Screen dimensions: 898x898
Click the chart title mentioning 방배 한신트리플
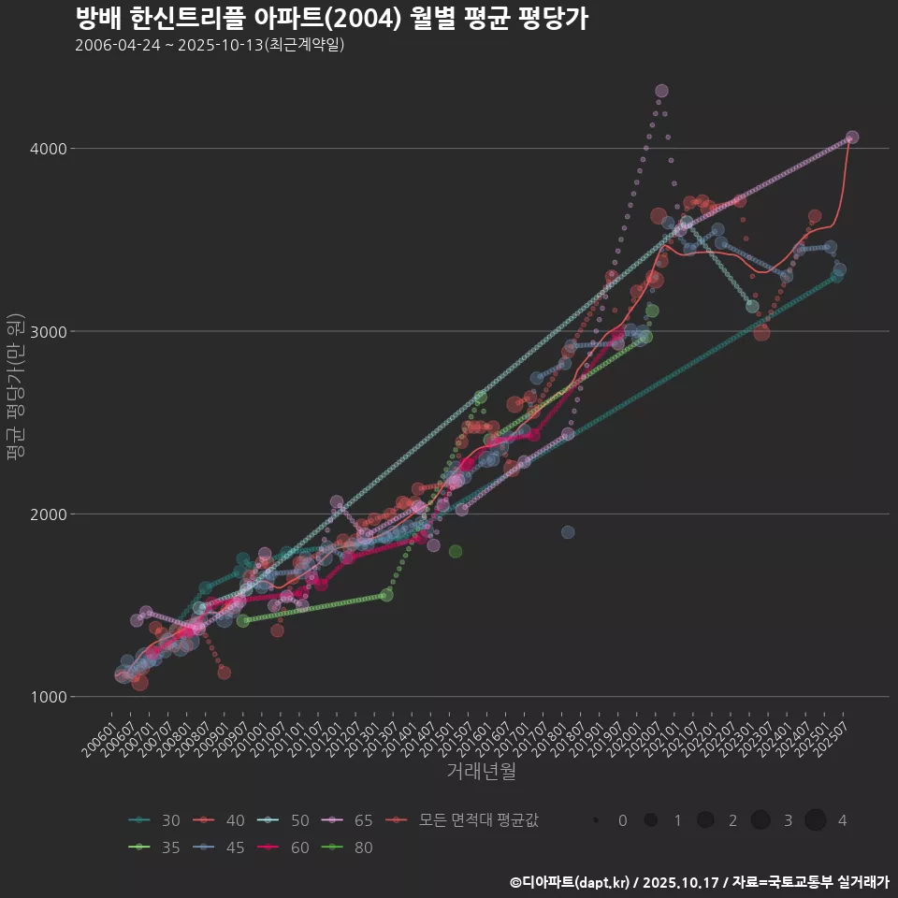click(x=331, y=18)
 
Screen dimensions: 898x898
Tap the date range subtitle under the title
click(x=210, y=45)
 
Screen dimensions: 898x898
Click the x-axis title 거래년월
click(x=481, y=772)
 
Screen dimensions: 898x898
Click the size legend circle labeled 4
click(x=816, y=820)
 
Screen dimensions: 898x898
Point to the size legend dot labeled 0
click(x=596, y=820)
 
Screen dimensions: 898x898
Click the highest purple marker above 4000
click(x=661, y=91)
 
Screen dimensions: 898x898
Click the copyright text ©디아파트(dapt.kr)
click(x=571, y=882)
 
